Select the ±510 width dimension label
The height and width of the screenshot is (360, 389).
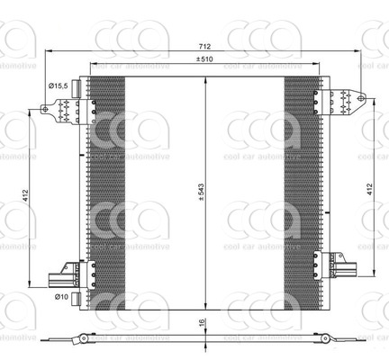[206, 59]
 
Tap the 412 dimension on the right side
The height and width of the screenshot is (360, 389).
[369, 190]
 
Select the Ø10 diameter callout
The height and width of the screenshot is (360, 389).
[60, 296]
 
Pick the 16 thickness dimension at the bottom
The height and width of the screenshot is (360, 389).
[204, 325]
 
